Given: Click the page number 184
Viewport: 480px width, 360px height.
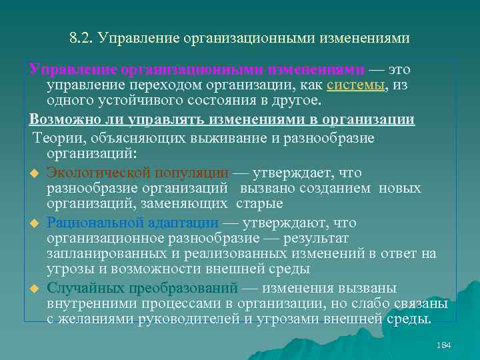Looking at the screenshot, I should point(443,345).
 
